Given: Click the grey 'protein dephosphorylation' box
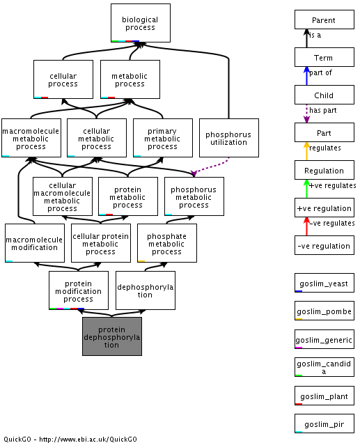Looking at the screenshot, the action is pos(112,336).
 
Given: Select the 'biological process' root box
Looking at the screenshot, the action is pos(141,23).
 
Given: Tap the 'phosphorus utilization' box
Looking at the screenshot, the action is pos(228,138).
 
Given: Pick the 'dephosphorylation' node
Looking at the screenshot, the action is pos(145,290).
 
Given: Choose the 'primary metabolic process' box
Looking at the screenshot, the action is pos(163,138).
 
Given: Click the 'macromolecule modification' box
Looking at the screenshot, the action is pos(34,243).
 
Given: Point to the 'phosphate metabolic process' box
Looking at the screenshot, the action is pos(167,243).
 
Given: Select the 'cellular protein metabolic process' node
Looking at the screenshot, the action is pos(101,243).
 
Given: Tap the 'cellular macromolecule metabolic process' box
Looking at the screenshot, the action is pos(63,196).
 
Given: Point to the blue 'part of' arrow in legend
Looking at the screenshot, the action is pos(306,76).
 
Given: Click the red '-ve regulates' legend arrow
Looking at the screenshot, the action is pos(306,226).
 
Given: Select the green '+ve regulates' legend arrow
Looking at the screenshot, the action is pos(306,189).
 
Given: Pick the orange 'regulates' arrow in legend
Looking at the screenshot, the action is pos(306,151).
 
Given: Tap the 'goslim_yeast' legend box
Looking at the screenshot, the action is pos(324,283).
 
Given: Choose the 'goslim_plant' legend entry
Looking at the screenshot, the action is pos(324,395).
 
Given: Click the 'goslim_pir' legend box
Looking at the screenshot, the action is pos(324,423).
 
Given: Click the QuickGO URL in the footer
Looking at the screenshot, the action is pos(88,439).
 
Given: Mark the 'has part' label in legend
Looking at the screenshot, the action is pos(322,110).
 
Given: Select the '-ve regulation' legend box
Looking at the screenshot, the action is pos(324,245).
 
